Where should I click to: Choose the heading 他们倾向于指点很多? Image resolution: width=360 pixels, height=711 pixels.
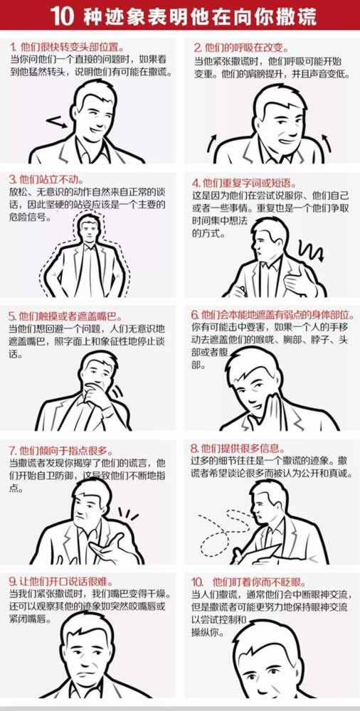(60, 451)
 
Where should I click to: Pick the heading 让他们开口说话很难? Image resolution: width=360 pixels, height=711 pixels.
(60, 581)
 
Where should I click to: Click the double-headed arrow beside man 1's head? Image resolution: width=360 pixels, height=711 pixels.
(56, 121)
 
